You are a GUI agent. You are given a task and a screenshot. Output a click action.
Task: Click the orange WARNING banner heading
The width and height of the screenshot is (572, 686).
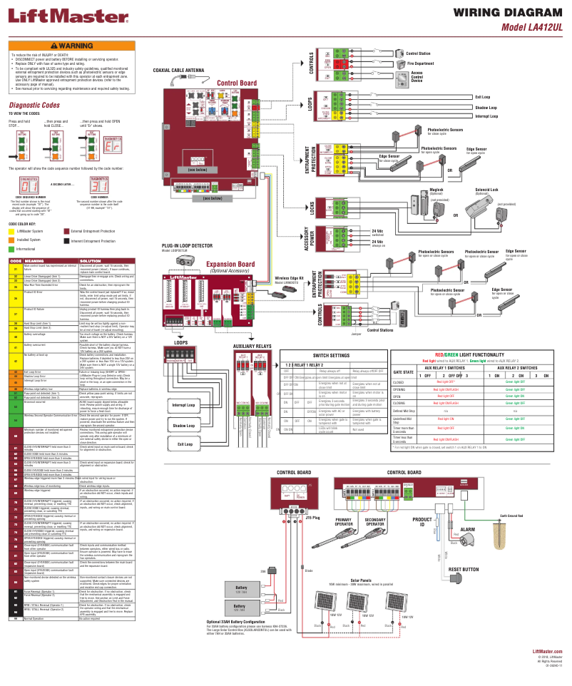[x=71, y=46]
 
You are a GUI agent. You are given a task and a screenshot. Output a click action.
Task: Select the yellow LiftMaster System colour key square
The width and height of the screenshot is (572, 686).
[x=11, y=232]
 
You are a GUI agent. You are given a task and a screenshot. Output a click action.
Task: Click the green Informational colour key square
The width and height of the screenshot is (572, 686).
[x=11, y=249]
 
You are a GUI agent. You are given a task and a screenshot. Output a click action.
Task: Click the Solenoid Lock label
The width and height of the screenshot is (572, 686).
[x=487, y=190]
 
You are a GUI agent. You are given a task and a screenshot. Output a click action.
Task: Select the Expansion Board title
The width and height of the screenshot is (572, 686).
[x=230, y=265]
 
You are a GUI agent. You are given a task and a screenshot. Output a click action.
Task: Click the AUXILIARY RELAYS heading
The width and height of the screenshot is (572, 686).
[x=252, y=345]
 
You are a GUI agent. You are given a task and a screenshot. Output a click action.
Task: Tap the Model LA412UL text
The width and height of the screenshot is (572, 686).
[x=532, y=27]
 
